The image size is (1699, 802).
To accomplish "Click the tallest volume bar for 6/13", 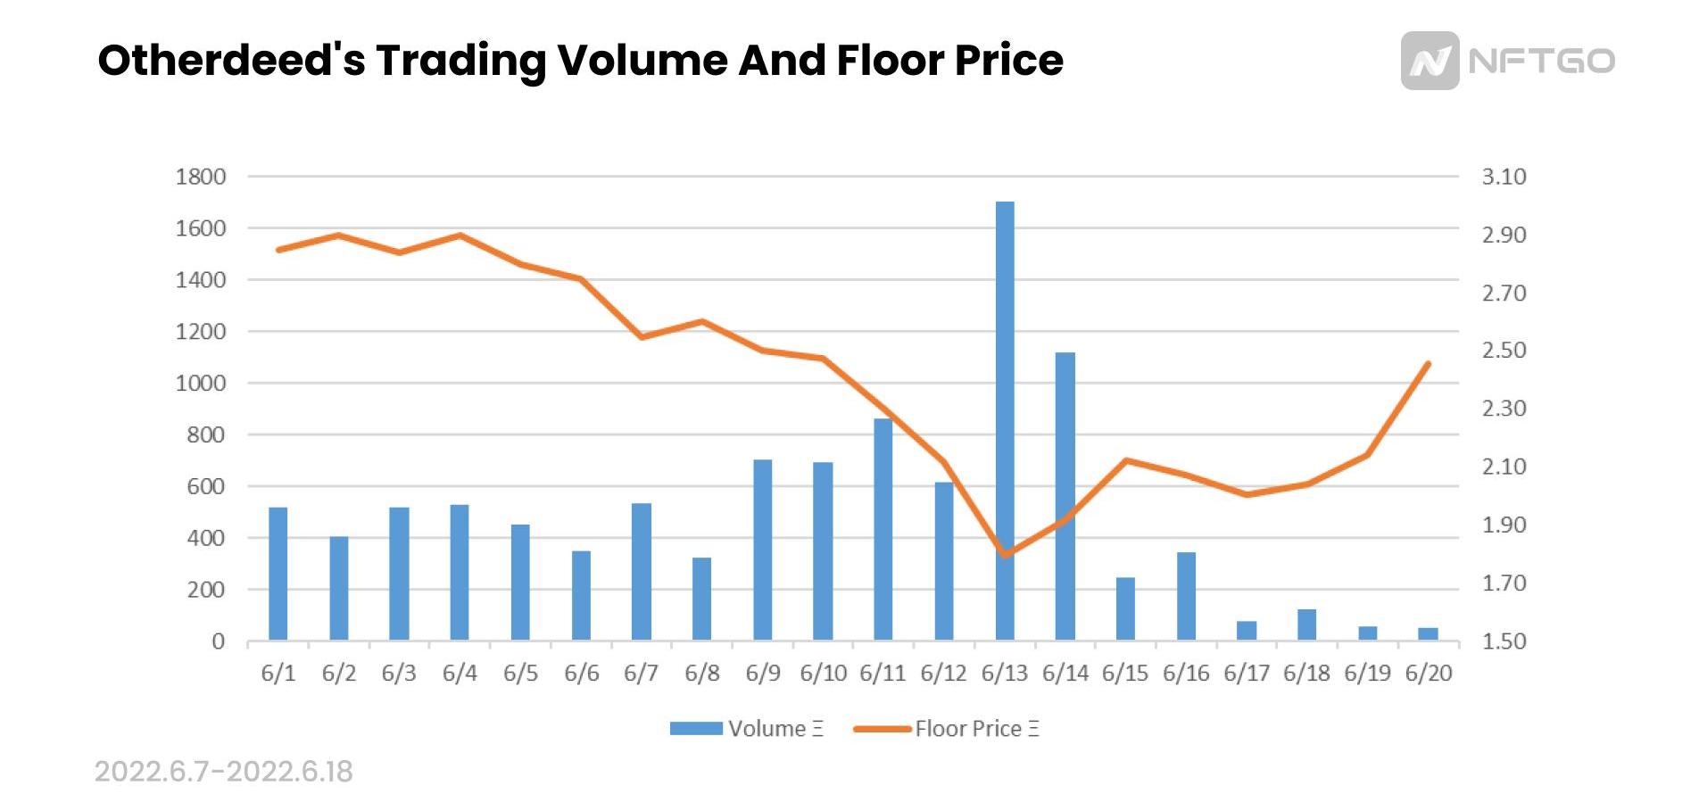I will tap(1005, 419).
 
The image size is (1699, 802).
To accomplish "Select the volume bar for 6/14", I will tap(1065, 495).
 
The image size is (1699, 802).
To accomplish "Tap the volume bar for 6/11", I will tap(883, 528).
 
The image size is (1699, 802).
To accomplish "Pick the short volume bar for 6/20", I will tap(1428, 633).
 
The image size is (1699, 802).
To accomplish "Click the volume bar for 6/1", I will tap(278, 573).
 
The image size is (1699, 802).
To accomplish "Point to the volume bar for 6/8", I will tap(701, 598).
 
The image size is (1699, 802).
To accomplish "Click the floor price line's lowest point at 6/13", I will tap(1006, 555).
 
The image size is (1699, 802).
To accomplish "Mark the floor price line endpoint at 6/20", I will tap(1428, 364).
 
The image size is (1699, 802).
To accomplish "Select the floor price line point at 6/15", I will tap(1126, 460).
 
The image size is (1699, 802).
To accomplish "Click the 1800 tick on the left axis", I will tap(201, 177).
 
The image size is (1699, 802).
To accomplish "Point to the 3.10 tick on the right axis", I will tap(1504, 177).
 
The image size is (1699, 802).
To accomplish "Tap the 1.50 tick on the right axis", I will tap(1504, 641).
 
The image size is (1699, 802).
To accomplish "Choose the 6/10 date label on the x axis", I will tap(823, 673).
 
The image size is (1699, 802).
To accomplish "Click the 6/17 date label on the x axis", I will tap(1246, 673).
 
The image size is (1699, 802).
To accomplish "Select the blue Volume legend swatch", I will tap(696, 728).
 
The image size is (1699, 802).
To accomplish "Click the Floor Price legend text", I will tap(976, 728).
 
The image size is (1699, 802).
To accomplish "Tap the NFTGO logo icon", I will tap(1430, 61).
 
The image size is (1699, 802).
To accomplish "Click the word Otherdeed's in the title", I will tap(231, 61).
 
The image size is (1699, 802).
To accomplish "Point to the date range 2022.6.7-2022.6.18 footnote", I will tap(223, 771).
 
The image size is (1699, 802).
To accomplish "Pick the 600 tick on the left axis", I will tap(206, 486).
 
